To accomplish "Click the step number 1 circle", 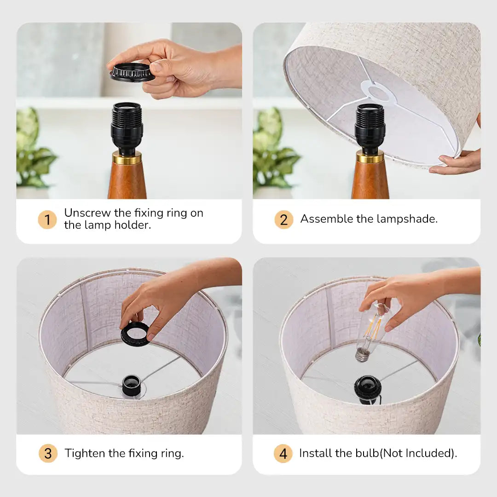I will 47,219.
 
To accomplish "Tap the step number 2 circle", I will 283,219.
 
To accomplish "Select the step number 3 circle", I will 47,453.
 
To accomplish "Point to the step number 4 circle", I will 283,453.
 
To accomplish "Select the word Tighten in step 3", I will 85,453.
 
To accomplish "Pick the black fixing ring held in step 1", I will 133,73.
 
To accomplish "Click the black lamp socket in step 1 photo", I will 127,126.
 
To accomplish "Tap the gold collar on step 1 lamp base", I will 127,158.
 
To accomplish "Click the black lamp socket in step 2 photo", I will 370,127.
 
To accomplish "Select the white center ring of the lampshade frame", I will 380,92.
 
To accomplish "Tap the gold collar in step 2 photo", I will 370,157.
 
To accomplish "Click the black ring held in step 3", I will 135,334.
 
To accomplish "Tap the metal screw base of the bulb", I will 362,354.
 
